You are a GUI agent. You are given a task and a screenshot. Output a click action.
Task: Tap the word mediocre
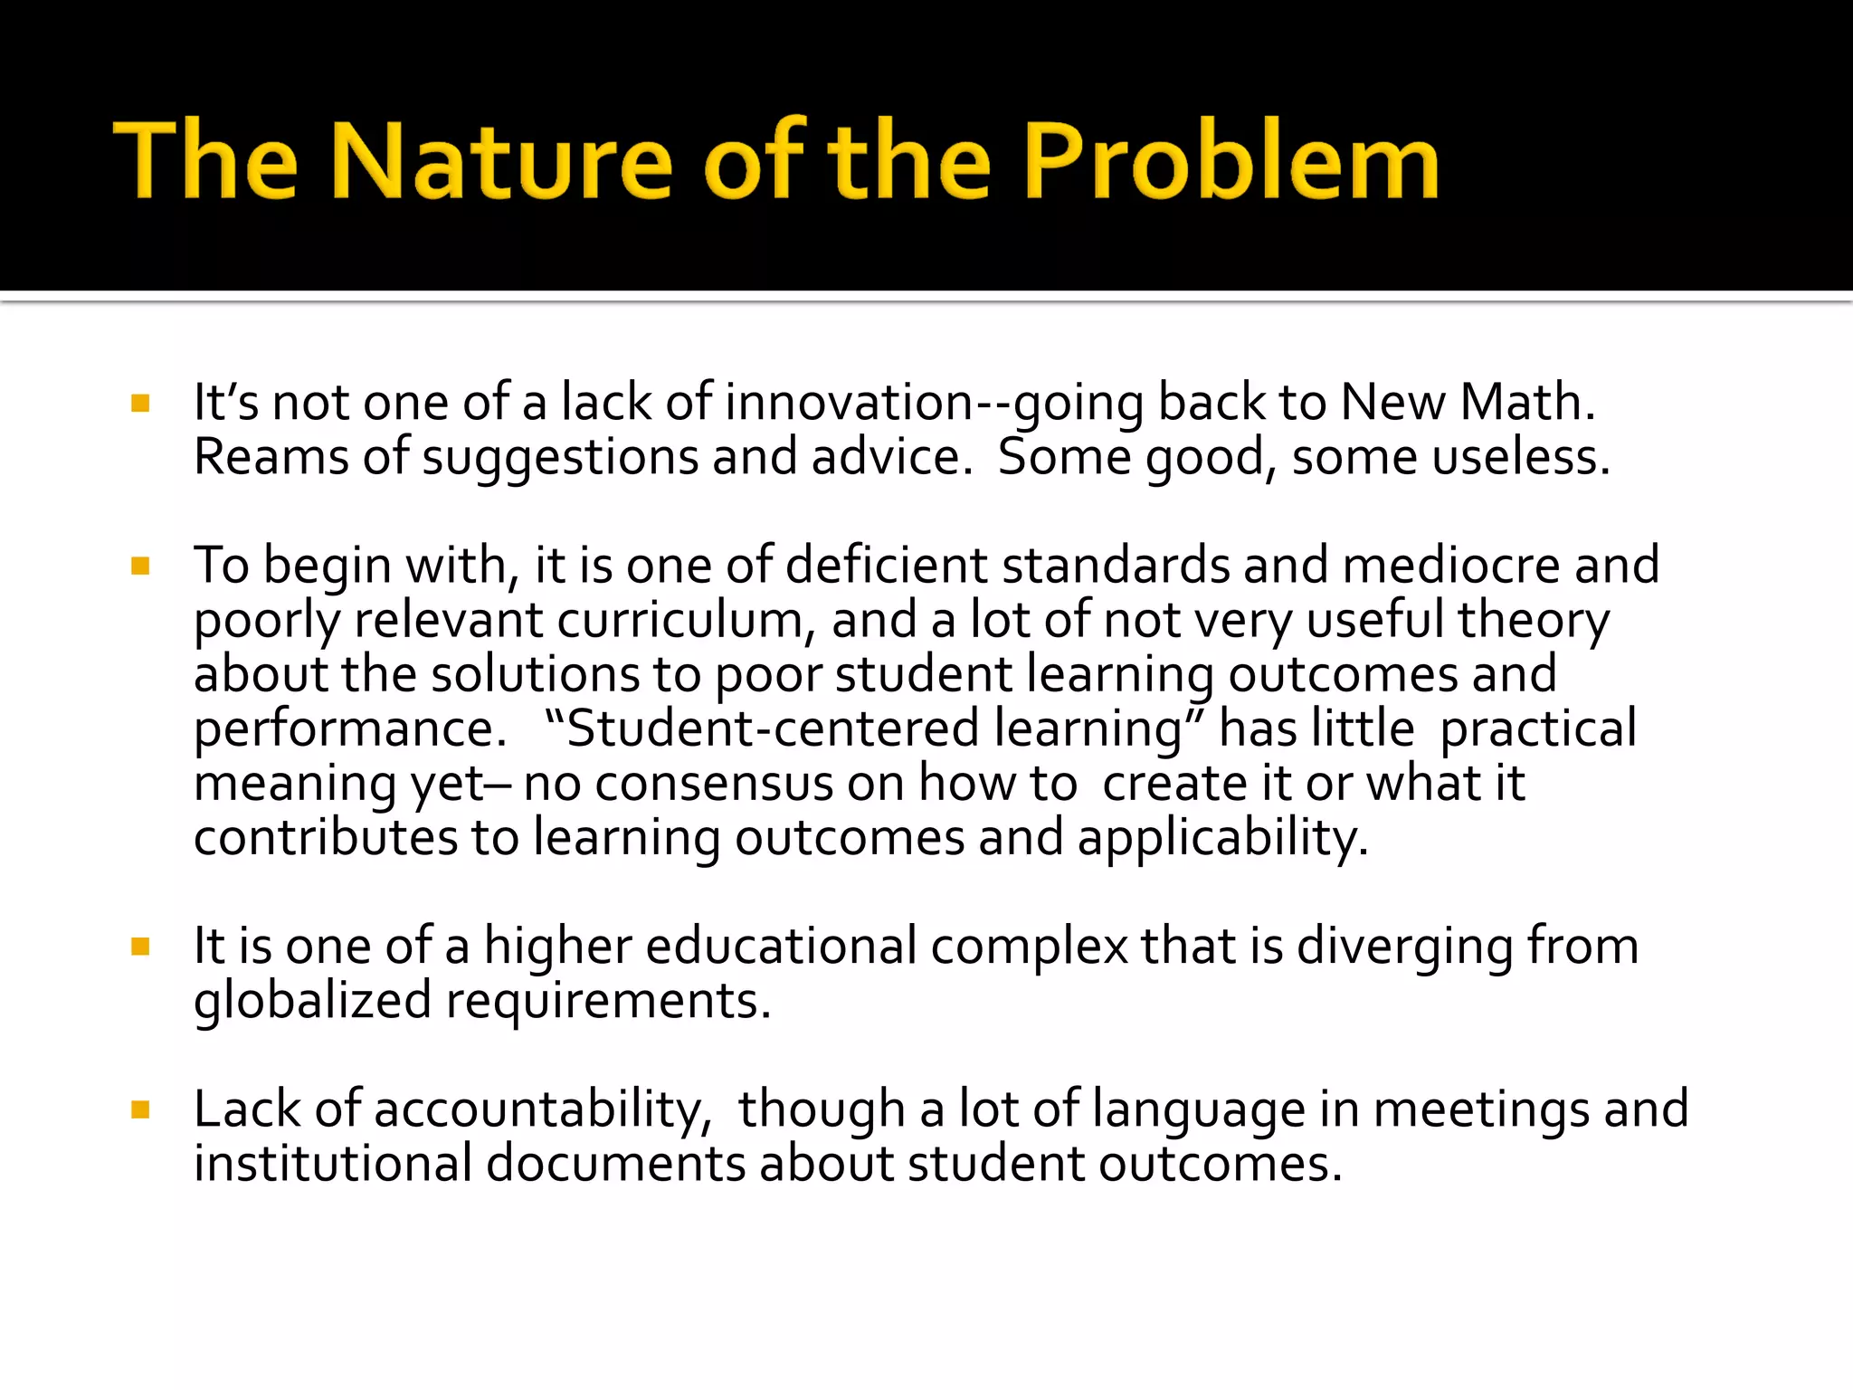(x=1451, y=566)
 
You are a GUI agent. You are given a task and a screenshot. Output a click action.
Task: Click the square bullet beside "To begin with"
(x=140, y=567)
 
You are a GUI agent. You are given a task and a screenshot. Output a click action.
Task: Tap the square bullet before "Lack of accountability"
(x=140, y=1110)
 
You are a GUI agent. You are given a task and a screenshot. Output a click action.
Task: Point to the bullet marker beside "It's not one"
(x=140, y=404)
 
